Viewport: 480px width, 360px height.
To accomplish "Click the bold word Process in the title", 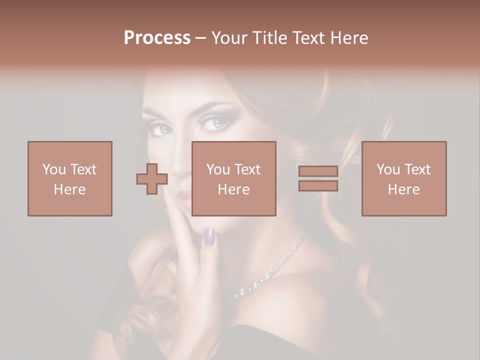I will tap(157, 38).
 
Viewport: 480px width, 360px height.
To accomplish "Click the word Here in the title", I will tap(348, 38).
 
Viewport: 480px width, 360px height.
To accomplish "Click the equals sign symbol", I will tap(318, 178).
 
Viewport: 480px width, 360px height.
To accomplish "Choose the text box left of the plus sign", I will tap(69, 178).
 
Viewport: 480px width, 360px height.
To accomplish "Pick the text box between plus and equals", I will tap(233, 178).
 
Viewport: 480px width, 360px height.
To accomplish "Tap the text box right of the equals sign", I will tap(403, 178).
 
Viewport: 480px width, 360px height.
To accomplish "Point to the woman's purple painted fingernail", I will tap(209, 236).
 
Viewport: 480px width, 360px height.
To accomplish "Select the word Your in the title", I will tap(228, 38).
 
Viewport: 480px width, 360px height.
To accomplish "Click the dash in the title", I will tap(201, 38).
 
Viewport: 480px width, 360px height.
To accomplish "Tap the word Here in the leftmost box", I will tap(69, 189).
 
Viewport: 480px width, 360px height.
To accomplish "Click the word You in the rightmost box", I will tap(387, 169).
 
